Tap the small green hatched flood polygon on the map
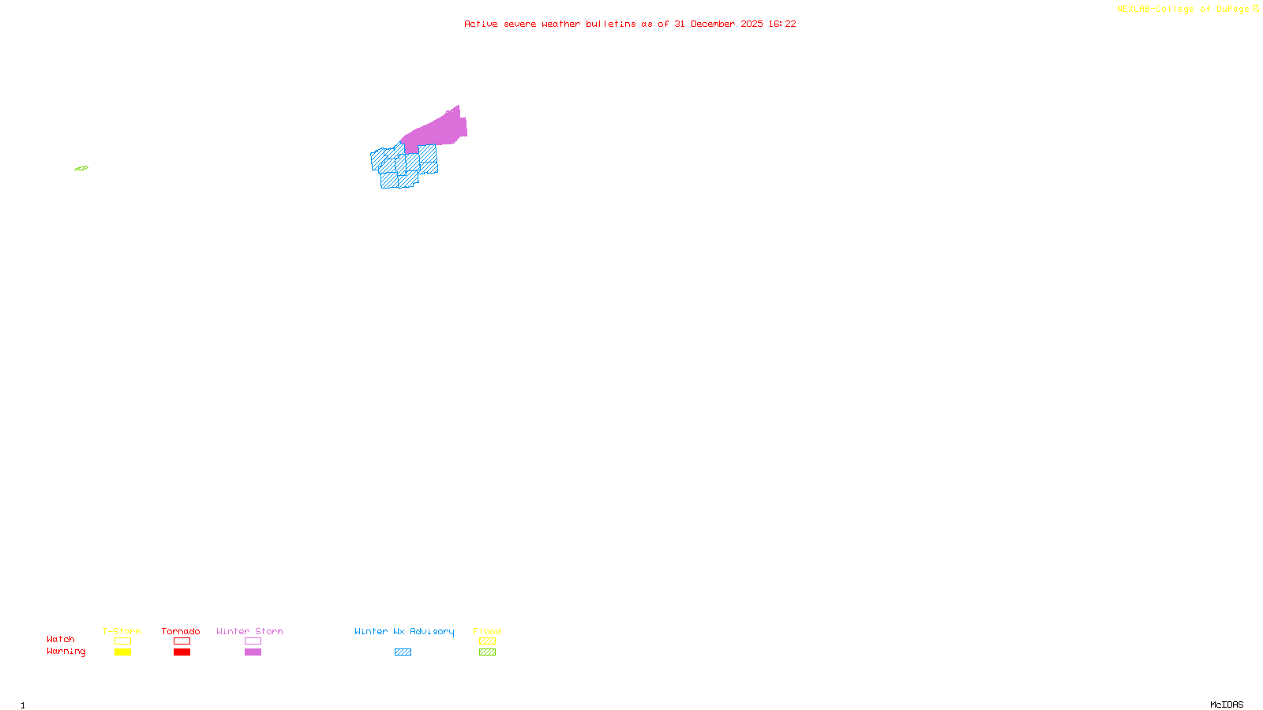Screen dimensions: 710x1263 [x=81, y=168]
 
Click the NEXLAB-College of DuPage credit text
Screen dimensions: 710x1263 [x=1183, y=9]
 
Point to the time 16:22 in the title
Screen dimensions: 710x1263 [x=782, y=24]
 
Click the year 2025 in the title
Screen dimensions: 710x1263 [x=751, y=24]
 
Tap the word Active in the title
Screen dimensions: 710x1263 [x=481, y=24]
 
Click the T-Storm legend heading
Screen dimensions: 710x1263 [x=122, y=631]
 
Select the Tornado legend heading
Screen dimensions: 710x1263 [x=181, y=631]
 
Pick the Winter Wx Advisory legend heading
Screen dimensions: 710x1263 [x=404, y=631]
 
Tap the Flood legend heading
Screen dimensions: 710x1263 [x=487, y=631]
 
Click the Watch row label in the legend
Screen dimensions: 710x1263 [x=61, y=639]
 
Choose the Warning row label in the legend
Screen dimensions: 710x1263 [x=66, y=652]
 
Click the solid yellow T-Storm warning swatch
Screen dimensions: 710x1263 [x=122, y=652]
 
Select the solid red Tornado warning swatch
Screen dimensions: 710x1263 [x=182, y=652]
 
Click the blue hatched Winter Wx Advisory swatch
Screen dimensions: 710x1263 [x=403, y=652]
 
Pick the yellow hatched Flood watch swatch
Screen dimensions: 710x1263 [x=487, y=641]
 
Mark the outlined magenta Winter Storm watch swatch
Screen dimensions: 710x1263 [x=253, y=641]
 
